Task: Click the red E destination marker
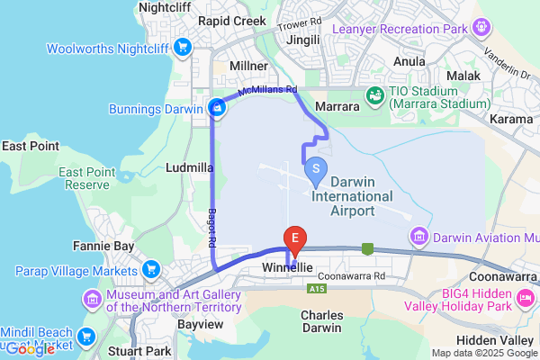tap(294, 238)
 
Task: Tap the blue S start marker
tap(316, 168)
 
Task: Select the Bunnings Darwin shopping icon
tap(216, 109)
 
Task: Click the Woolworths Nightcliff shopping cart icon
tap(184, 48)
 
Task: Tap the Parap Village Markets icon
tap(150, 269)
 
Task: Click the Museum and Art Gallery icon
tap(92, 299)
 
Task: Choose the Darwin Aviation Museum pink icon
tap(418, 238)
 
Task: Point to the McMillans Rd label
tap(268, 91)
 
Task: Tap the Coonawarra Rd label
tap(352, 276)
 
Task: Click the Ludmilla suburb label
tap(190, 167)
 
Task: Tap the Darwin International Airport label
tap(352, 196)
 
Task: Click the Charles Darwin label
tap(323, 323)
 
